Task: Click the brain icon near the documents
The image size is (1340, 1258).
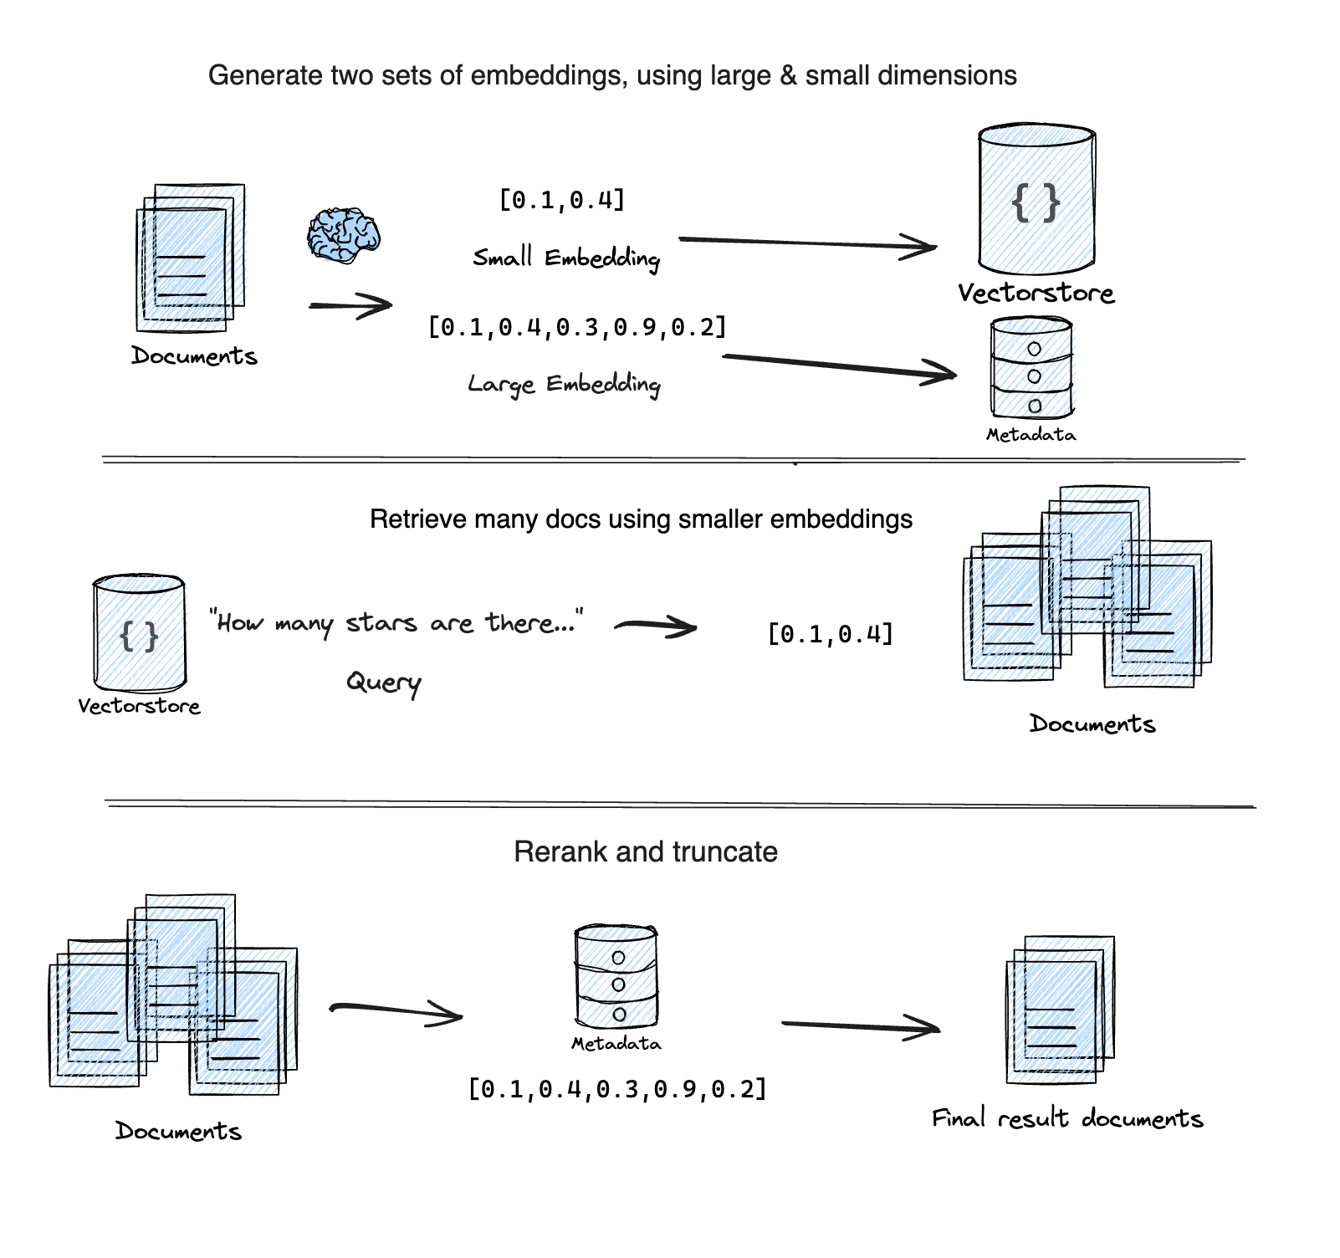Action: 343,235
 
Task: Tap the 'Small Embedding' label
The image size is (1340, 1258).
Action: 566,258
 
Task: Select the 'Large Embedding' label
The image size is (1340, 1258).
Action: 564,384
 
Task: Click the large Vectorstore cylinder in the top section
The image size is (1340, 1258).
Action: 1036,200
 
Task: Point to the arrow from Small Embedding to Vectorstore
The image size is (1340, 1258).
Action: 807,243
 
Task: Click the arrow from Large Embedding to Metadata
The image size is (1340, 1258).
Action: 839,366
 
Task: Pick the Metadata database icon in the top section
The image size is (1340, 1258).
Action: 1031,368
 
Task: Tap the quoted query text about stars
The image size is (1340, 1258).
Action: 396,622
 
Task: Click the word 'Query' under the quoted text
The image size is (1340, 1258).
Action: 383,683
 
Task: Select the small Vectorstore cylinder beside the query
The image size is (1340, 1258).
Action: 139,632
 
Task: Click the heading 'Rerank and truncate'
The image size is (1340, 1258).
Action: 645,851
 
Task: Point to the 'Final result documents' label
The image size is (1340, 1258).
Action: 1066,1118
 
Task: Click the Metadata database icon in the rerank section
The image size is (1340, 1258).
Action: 616,977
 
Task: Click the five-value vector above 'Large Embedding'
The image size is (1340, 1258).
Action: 576,326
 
